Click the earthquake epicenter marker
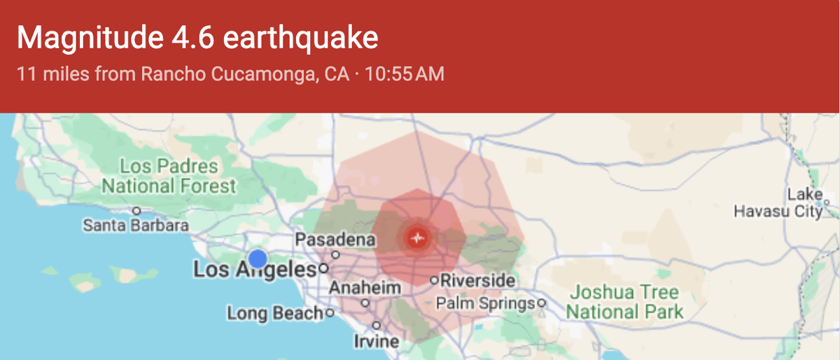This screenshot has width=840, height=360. coord(418,238)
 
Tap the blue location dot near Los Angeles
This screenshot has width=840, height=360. coord(258,258)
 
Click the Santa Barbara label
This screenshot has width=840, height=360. coord(135,226)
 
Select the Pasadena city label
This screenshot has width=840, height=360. coord(335,240)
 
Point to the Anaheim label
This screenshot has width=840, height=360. coord(365,288)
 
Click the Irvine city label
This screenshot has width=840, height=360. coord(376,341)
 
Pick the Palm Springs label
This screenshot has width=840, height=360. coord(485,303)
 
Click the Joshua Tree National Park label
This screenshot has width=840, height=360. coord(624,302)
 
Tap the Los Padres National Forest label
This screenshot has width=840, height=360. coord(169,176)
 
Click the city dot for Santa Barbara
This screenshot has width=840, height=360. coord(137,210)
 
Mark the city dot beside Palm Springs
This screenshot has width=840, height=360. coord(541,303)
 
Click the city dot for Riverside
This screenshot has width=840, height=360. coord(434,280)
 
